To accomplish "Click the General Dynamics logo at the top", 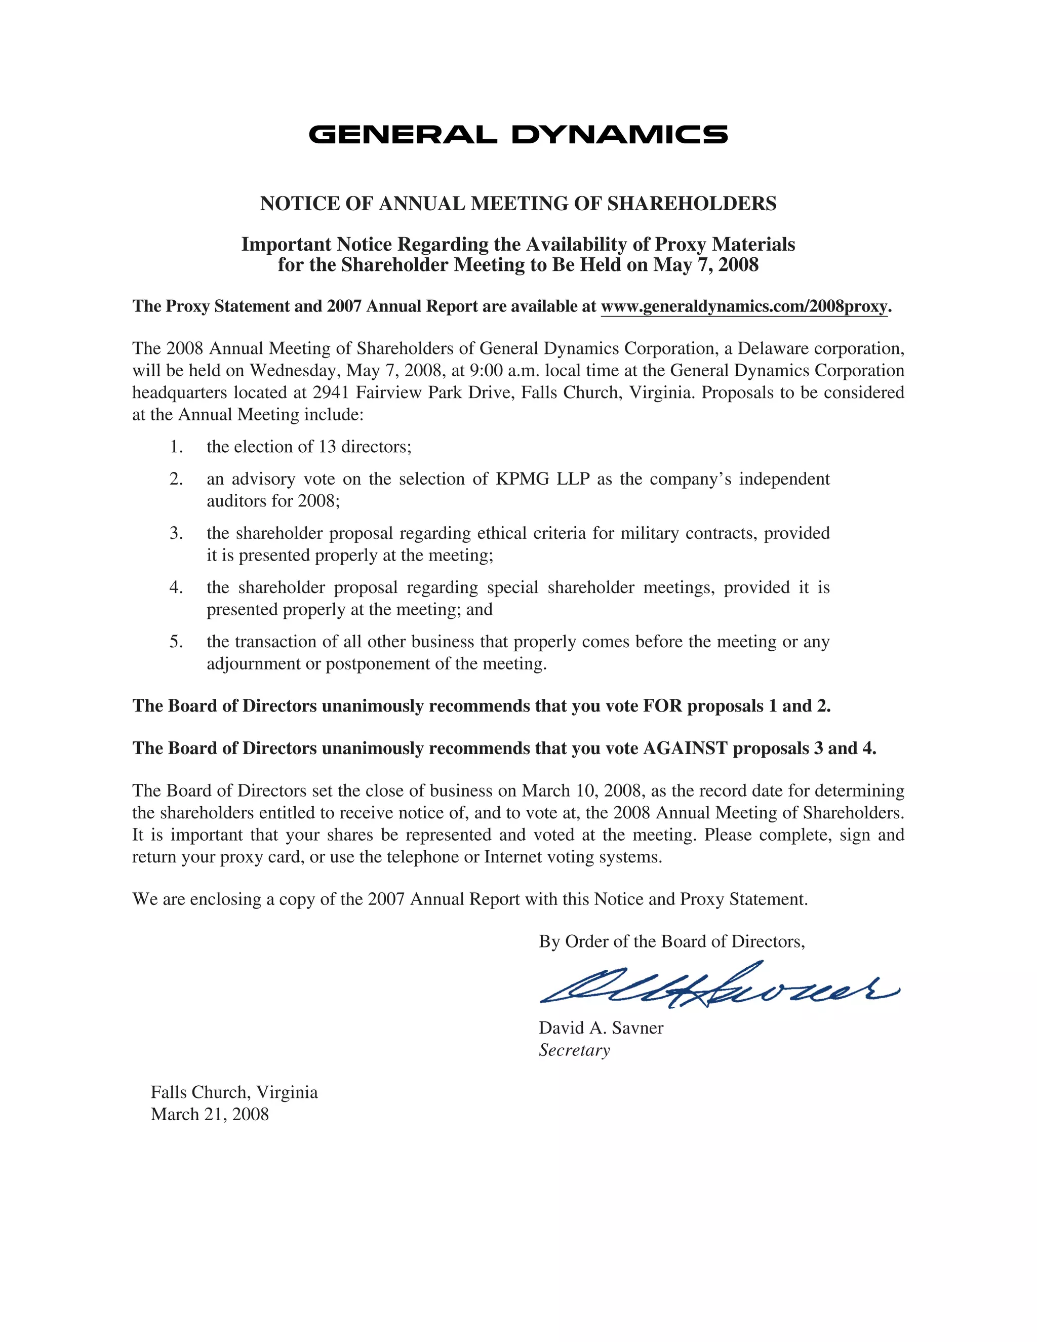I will pyautogui.click(x=518, y=134).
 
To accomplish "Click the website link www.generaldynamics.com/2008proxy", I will pyautogui.click(x=744, y=306).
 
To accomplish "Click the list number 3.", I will pyautogui.click(x=176, y=533).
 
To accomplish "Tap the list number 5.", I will pyautogui.click(x=176, y=642).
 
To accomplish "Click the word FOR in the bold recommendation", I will pyautogui.click(x=662, y=706).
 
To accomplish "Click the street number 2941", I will pyautogui.click(x=331, y=392).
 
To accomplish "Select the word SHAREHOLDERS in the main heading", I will pyautogui.click(x=692, y=204).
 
